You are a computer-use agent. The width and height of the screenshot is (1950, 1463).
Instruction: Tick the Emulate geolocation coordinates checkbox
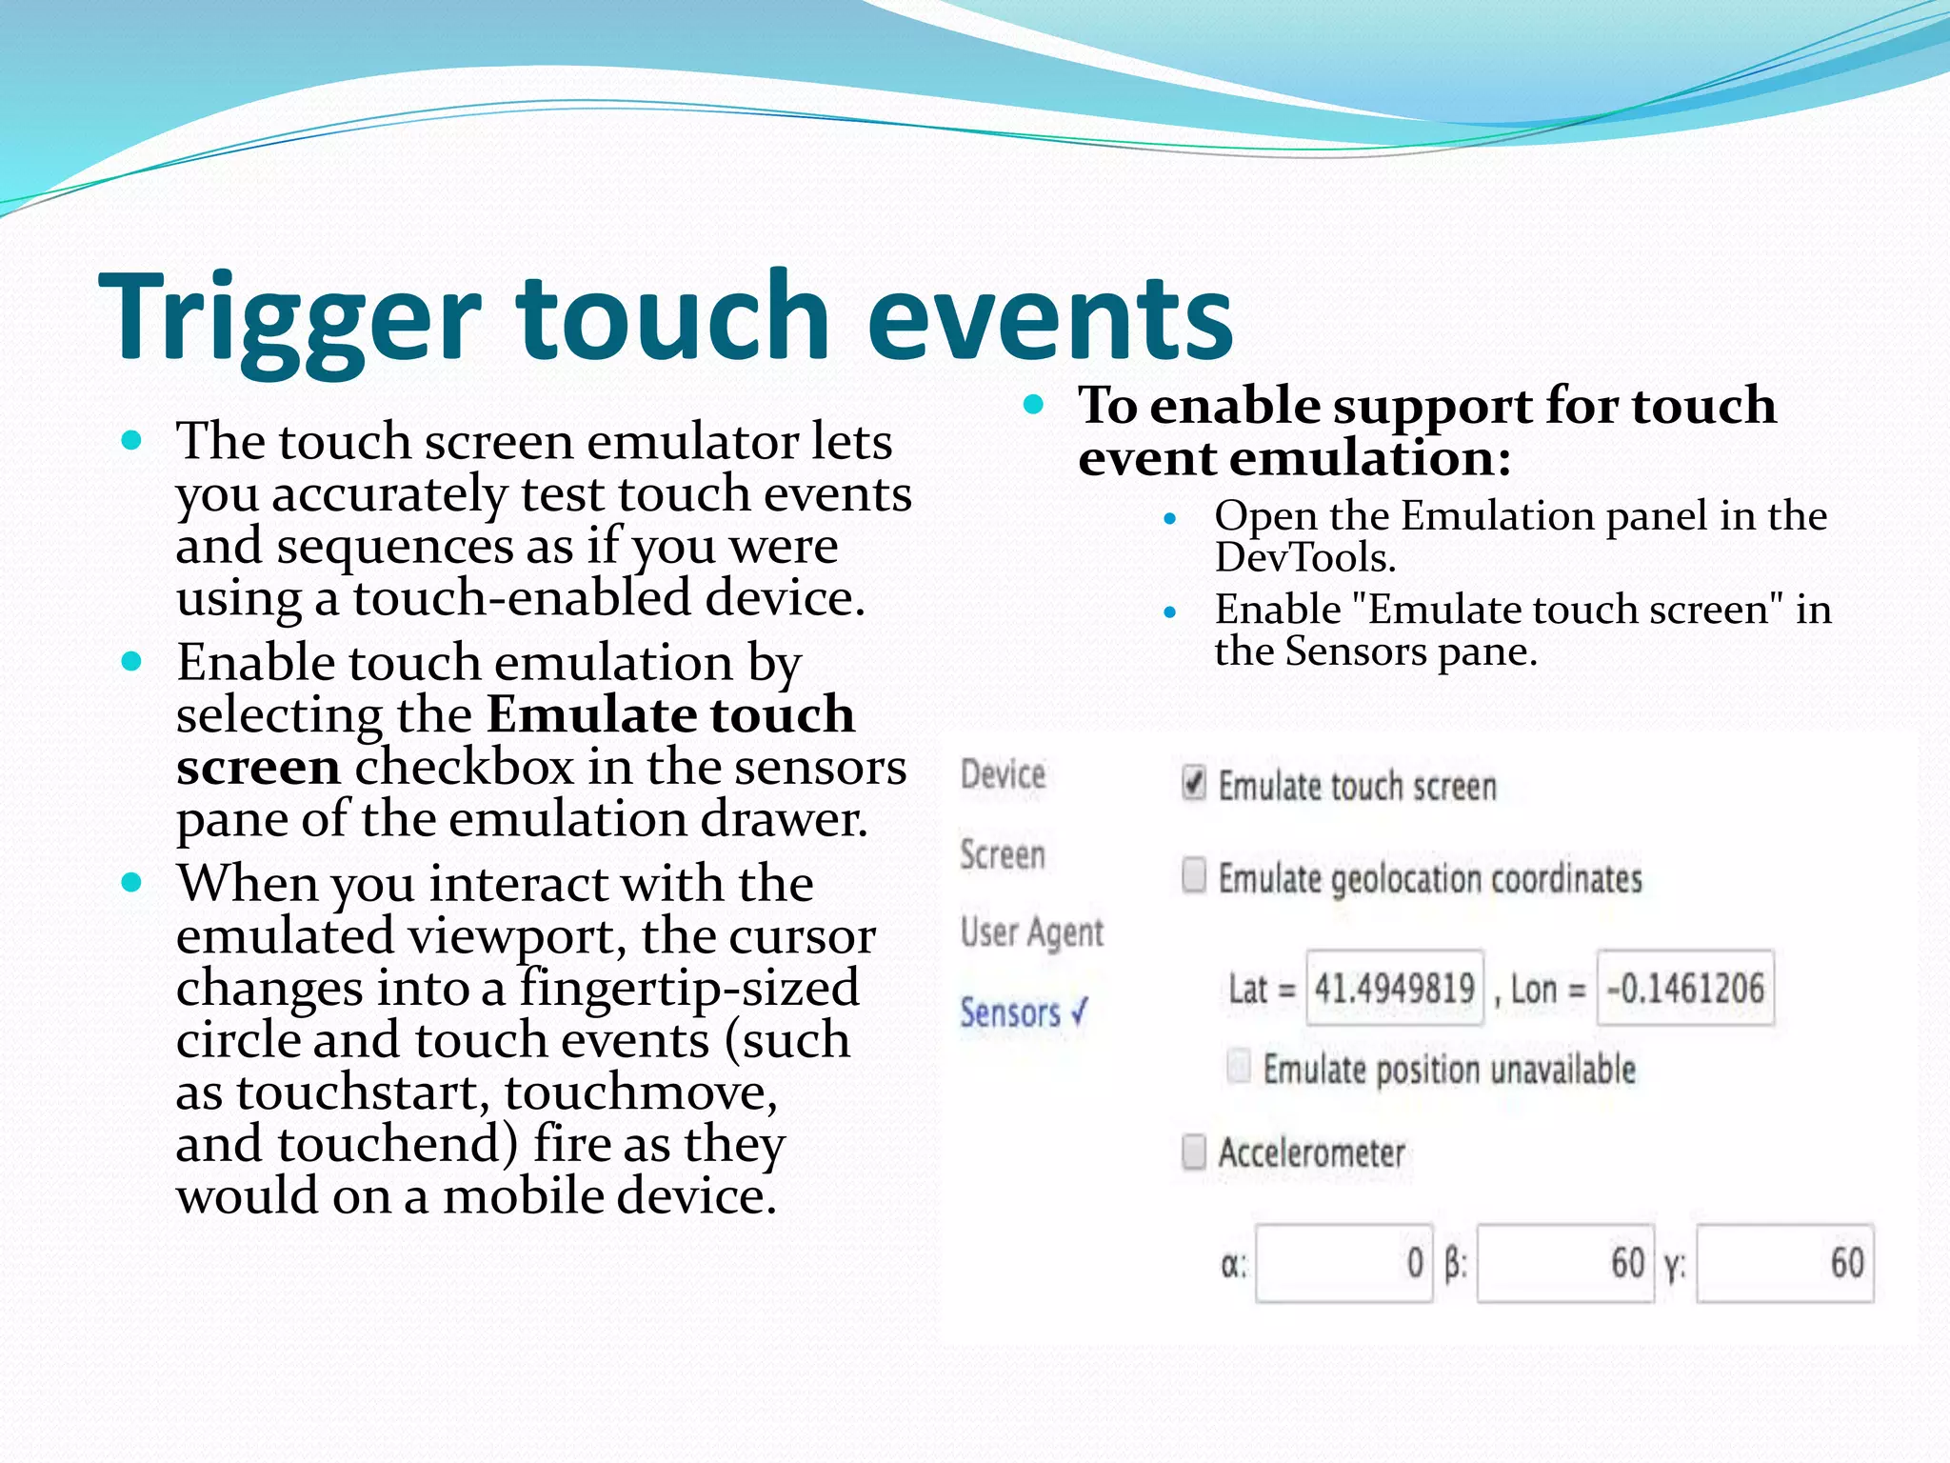1193,875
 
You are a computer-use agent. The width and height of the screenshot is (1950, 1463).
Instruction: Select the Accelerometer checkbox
1193,1152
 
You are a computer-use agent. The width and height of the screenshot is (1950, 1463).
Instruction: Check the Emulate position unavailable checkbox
1239,1067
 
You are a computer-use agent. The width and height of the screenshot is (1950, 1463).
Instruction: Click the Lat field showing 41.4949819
1394,988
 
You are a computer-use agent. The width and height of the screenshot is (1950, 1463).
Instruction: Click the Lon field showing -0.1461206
1684,988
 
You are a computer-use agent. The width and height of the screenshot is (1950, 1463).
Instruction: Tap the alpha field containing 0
1343,1264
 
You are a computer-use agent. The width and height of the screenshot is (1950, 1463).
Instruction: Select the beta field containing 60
1564,1264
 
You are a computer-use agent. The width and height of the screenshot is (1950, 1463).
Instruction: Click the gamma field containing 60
1784,1264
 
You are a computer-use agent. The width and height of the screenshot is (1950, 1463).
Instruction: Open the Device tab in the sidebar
1003,774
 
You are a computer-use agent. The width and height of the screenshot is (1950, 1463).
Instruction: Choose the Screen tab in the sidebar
1003,854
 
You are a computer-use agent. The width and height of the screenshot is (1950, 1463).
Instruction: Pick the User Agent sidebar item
1032,932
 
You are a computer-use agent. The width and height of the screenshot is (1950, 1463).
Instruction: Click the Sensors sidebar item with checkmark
1022,1012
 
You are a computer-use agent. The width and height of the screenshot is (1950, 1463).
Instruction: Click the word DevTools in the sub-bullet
1304,558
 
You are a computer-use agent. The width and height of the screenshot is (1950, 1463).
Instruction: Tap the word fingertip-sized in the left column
689,989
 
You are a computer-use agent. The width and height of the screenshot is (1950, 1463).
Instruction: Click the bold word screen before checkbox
258,768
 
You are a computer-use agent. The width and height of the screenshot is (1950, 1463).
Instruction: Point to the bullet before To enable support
1034,405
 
